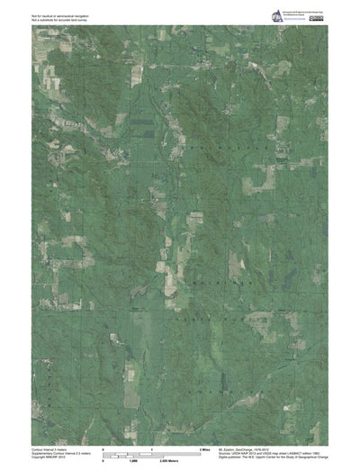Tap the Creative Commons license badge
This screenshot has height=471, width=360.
(318, 14)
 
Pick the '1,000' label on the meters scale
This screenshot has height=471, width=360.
(132, 460)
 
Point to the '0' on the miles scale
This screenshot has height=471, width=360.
(103, 448)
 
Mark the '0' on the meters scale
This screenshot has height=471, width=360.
(103, 460)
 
